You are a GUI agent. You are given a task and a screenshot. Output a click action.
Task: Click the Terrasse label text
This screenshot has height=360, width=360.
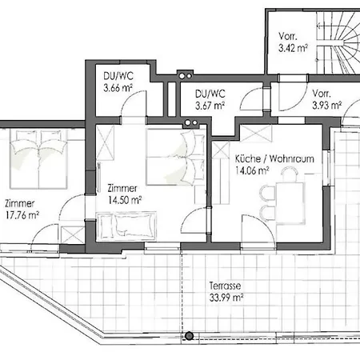(x=225, y=286)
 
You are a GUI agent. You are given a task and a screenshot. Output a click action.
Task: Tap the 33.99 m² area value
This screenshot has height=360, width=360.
(x=226, y=298)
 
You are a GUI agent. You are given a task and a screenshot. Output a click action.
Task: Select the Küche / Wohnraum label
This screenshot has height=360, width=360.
(x=274, y=158)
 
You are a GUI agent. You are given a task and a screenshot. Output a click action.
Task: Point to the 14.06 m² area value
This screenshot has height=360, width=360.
(x=252, y=170)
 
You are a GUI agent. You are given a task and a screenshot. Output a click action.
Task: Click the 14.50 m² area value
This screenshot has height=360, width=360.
(x=125, y=200)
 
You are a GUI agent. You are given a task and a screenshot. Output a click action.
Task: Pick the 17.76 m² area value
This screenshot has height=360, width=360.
(x=22, y=215)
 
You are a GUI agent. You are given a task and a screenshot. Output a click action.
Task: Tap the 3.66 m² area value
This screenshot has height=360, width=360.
(x=118, y=88)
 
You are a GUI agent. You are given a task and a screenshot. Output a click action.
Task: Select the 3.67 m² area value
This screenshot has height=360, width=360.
(x=210, y=106)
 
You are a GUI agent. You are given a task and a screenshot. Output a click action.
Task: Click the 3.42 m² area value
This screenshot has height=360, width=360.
(x=293, y=48)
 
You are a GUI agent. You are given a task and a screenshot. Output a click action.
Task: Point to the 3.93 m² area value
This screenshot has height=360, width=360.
(x=327, y=106)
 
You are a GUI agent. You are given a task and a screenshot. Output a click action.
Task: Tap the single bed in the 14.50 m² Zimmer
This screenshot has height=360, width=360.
(x=126, y=226)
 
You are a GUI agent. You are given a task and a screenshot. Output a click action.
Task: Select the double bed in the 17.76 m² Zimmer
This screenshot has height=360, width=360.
(x=38, y=159)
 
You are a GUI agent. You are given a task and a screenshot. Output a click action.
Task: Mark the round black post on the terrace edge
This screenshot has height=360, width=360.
(x=189, y=336)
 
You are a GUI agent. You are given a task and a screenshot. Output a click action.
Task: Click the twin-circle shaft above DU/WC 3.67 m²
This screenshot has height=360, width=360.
(x=185, y=76)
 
